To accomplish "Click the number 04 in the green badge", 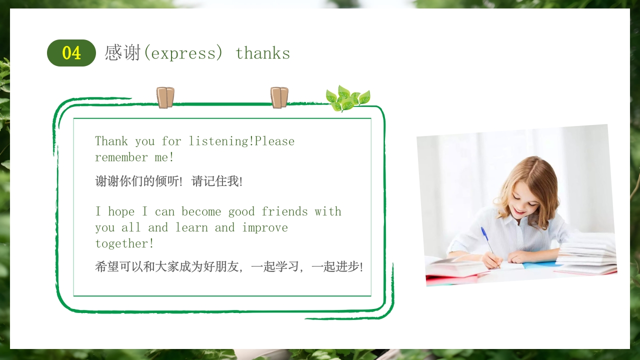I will coord(71,53).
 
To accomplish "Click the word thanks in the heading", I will coord(262,53).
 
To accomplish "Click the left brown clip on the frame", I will coord(165,97).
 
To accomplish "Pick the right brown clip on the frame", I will coord(279,97).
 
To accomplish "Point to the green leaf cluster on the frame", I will coord(347,98).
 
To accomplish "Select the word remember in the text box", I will coord(121,157).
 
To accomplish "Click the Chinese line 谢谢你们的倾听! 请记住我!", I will coord(169,181).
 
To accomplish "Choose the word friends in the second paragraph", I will coord(284,211).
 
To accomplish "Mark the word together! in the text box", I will coord(124,243).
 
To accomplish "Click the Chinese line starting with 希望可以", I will coord(229,266).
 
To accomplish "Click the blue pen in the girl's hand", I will coord(486,239).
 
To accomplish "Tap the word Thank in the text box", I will coord(111,141).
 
